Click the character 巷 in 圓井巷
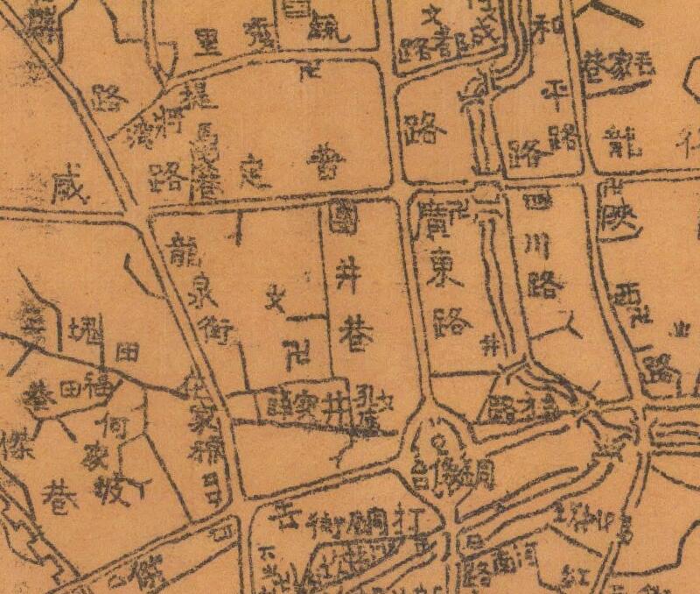[x=353, y=336]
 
